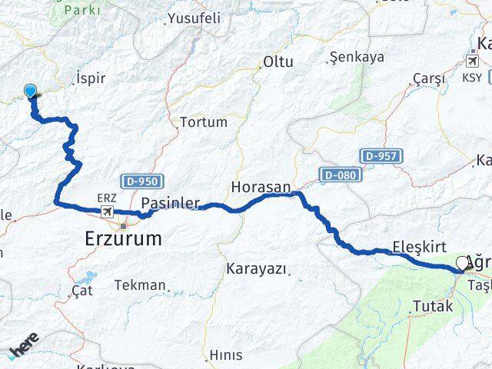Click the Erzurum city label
tap(123, 239)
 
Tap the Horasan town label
tap(261, 187)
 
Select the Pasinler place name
tap(171, 204)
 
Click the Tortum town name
tap(204, 121)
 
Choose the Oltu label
tap(278, 61)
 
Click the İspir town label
tap(91, 78)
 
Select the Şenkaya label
tap(356, 57)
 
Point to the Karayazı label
tap(257, 269)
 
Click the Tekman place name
tap(140, 285)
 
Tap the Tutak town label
tap(434, 306)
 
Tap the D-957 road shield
tap(381, 156)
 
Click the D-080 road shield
tap(339, 175)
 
